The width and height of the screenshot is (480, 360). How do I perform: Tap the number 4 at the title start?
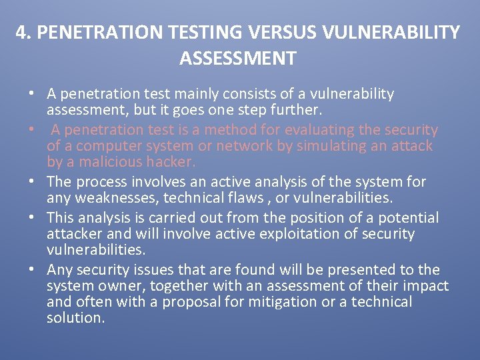pyautogui.click(x=23, y=33)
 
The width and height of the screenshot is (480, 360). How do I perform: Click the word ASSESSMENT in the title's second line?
pyautogui.click(x=237, y=59)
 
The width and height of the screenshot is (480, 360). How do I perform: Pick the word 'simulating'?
pyautogui.click(x=324, y=146)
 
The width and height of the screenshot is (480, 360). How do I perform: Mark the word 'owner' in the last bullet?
pyautogui.click(x=121, y=286)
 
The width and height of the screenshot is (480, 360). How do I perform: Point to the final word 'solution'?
pyautogui.click(x=75, y=318)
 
